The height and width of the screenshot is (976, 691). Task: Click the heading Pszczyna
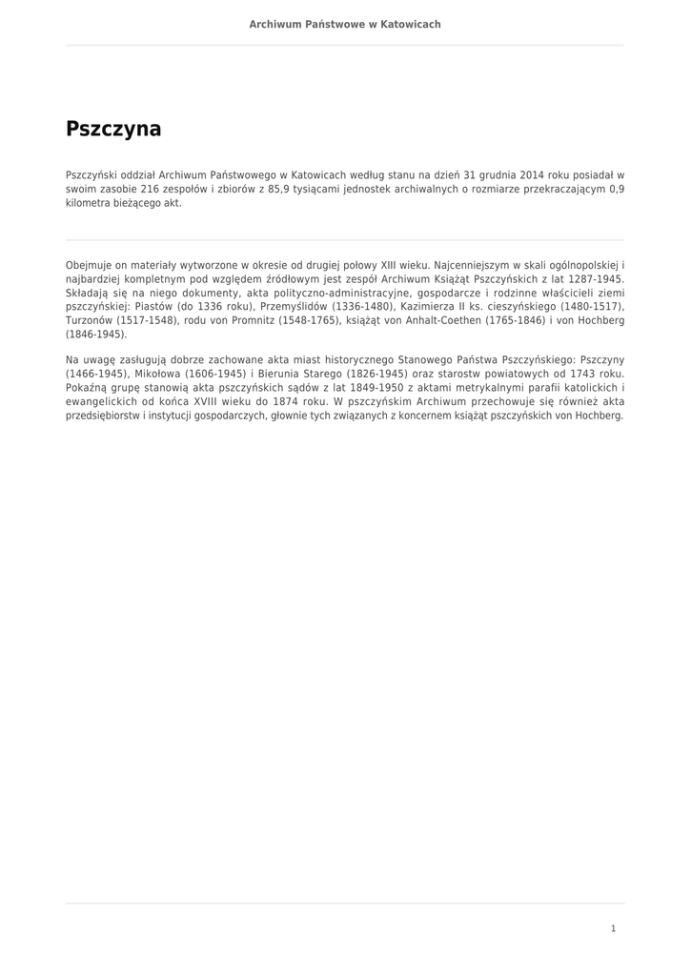click(x=113, y=129)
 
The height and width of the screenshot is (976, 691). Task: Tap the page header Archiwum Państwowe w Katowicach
click(x=345, y=24)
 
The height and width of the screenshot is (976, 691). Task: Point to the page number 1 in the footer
click(x=614, y=927)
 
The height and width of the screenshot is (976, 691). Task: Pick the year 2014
click(x=532, y=174)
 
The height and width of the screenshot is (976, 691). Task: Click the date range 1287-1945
click(x=596, y=278)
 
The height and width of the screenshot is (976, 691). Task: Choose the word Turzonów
click(x=90, y=320)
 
